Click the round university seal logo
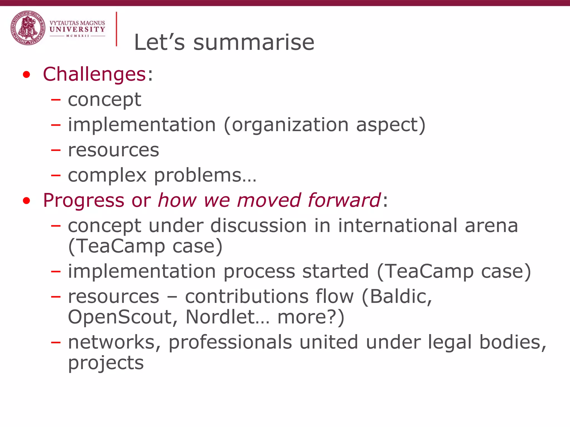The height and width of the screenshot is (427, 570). pos(28,28)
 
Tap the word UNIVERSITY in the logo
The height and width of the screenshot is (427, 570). pos(77,29)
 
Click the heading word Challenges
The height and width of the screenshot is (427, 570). pos(94,75)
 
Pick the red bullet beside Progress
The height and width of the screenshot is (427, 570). pos(26,200)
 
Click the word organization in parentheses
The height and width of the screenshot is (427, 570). pos(290,125)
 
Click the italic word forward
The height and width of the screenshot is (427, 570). pos(344,200)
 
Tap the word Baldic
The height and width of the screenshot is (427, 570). pos(401,296)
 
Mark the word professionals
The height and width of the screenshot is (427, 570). pos(230,342)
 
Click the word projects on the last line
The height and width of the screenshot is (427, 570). pos(106,363)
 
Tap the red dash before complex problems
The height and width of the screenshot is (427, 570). pos(56,175)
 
